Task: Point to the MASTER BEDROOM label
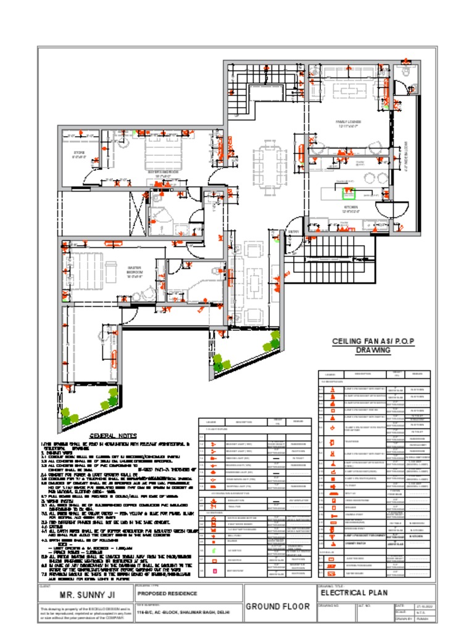click(x=135, y=272)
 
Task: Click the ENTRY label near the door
click(x=293, y=232)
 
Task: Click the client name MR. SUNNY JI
click(x=83, y=595)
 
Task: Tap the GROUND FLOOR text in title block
click(x=278, y=606)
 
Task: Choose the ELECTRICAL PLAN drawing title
click(x=355, y=593)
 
